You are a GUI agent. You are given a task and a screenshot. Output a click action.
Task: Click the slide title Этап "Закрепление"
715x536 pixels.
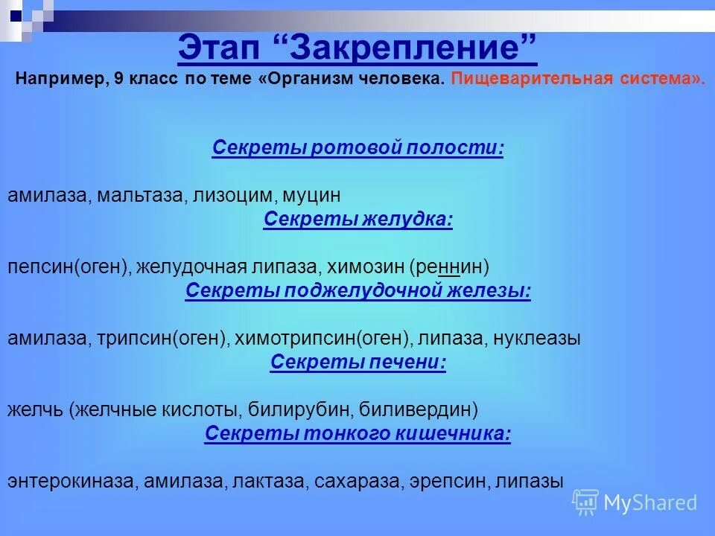[x=357, y=50]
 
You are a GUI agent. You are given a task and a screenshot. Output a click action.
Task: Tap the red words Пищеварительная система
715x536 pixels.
[x=577, y=80]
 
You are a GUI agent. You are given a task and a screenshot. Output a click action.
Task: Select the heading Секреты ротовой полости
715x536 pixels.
[x=357, y=148]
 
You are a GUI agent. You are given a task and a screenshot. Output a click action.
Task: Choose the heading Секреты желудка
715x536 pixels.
[x=357, y=220]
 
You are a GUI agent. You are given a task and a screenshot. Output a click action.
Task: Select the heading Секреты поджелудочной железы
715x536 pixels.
[x=357, y=291]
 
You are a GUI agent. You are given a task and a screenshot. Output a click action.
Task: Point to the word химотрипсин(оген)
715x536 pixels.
[x=322, y=339]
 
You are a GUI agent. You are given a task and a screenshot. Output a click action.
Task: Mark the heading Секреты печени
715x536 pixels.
[x=357, y=363]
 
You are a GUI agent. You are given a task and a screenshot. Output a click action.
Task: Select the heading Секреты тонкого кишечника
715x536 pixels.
[x=357, y=434]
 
